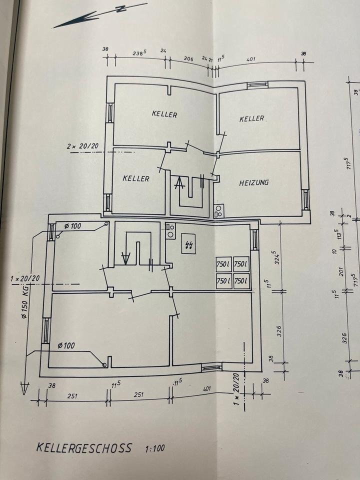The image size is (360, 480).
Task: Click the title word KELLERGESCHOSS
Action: tap(84, 447)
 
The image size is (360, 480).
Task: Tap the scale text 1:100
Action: tap(154, 448)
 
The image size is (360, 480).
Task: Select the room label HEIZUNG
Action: tap(253, 182)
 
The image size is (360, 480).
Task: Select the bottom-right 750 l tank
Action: tap(240, 281)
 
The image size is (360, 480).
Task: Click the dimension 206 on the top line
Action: tap(188, 58)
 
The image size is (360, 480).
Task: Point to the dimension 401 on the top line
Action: tap(250, 59)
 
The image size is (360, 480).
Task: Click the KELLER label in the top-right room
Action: tap(251, 118)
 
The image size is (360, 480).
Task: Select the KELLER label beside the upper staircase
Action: tap(136, 178)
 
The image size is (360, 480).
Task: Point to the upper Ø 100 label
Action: tap(73, 226)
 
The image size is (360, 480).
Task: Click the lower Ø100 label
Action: tap(66, 345)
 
